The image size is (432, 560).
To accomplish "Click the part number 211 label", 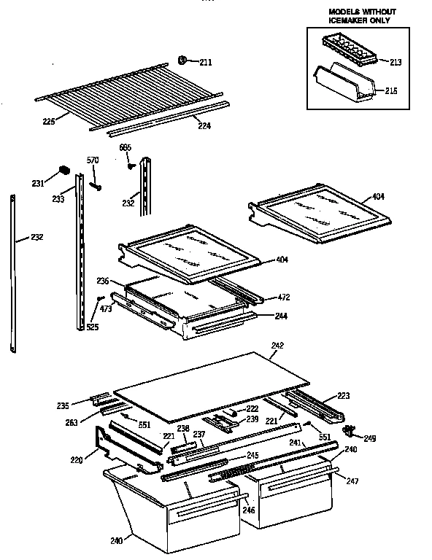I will point(206,63).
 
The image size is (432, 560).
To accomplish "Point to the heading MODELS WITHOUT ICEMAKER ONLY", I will point(358,17).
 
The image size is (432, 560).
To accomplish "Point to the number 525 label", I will point(92,327).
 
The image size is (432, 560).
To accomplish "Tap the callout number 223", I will point(342,396).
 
